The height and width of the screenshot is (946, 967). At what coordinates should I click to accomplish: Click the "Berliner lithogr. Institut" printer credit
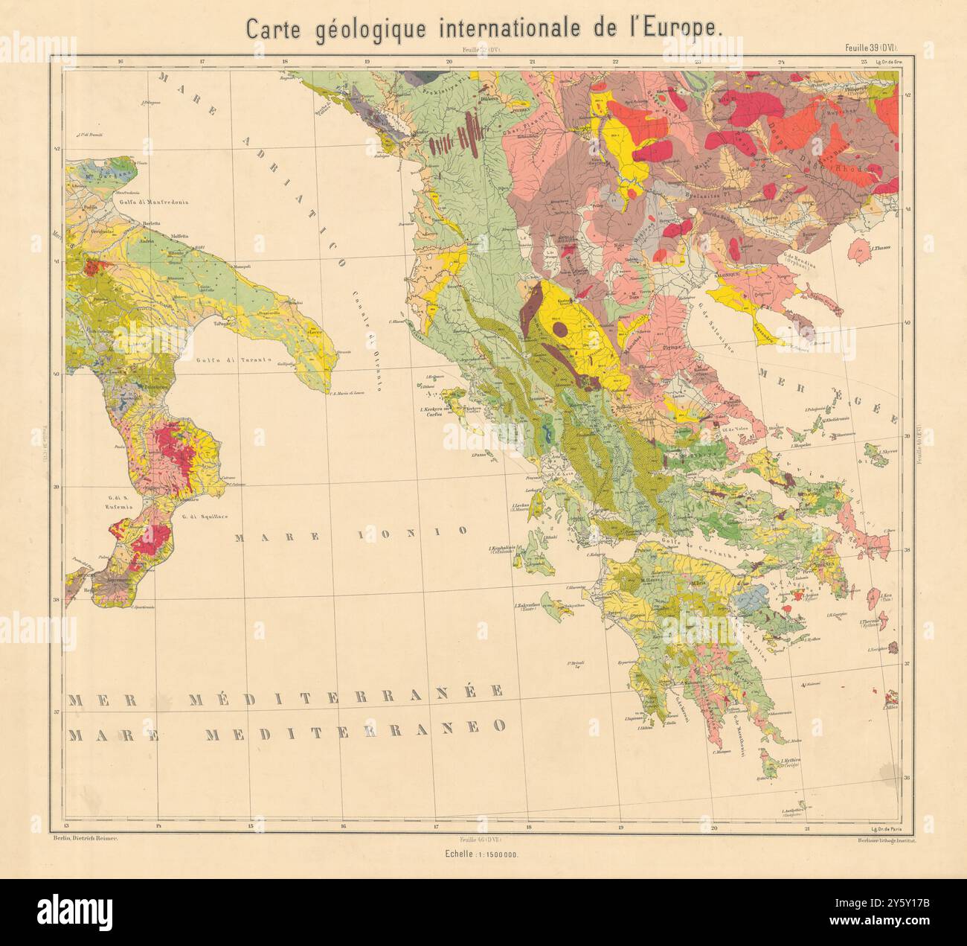click(884, 839)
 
